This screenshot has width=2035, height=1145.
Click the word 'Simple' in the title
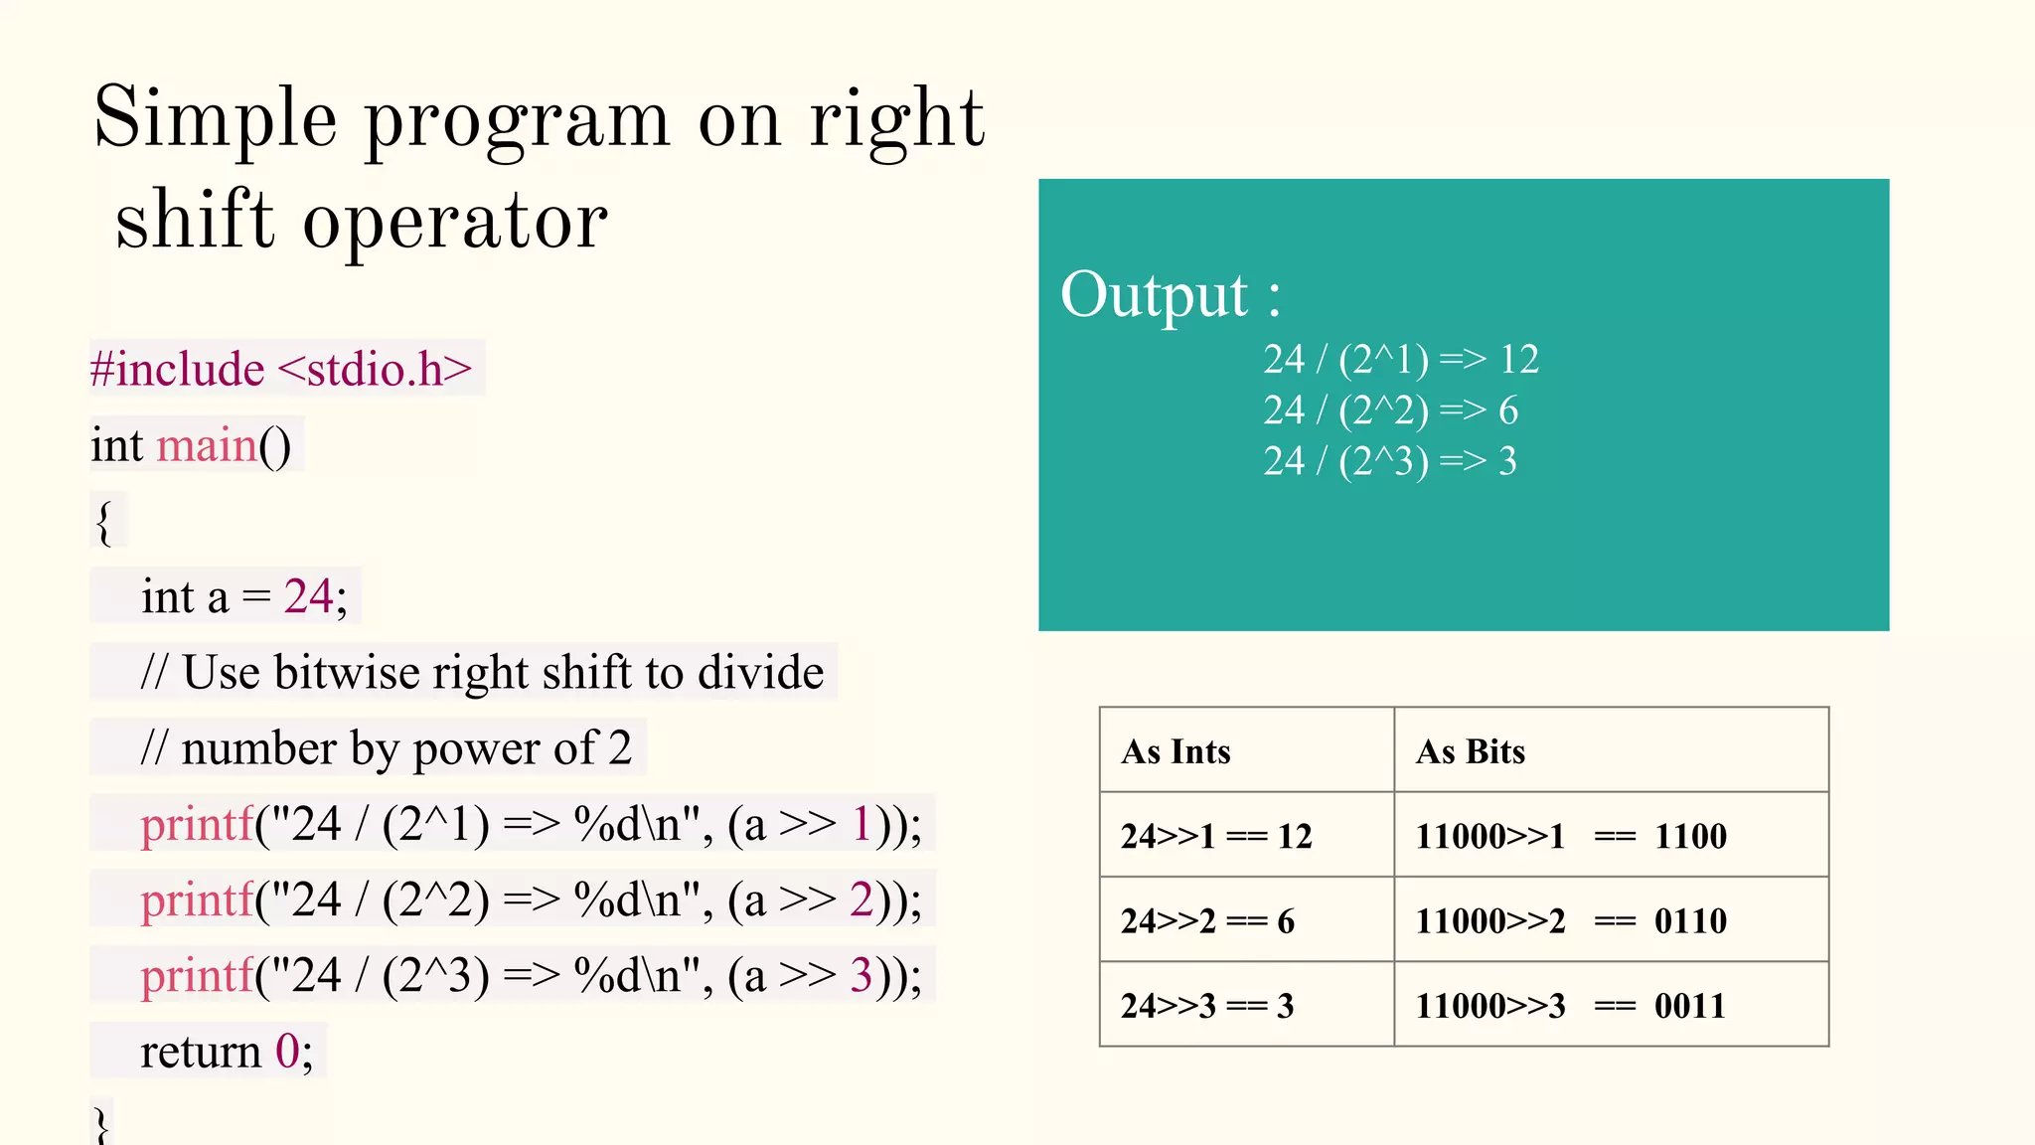coord(215,119)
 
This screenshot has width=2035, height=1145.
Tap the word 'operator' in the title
coord(455,221)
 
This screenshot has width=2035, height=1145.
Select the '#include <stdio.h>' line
coord(281,369)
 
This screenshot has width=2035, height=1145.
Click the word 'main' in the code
coord(207,444)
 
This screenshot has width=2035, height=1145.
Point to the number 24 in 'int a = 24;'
coord(308,596)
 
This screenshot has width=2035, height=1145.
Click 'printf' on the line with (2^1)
coord(197,824)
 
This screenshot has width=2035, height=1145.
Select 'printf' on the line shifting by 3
coord(197,976)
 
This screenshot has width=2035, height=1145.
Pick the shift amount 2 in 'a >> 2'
coord(861,900)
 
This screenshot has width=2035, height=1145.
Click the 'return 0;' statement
coord(227,1052)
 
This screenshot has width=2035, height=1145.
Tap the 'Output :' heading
coord(1171,294)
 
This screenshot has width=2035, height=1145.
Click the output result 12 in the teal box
coord(1519,359)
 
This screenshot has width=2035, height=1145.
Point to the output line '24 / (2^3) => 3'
coord(1389,461)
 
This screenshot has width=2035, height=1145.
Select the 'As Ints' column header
coord(1175,751)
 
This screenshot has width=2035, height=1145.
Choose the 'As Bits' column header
coord(1470,751)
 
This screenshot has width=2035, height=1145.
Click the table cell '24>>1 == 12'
coord(1216,836)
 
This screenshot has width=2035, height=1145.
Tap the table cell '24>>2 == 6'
coord(1207,921)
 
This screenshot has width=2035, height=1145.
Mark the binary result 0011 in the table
coord(1689,1006)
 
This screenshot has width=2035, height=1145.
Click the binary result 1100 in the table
coord(1690,836)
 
